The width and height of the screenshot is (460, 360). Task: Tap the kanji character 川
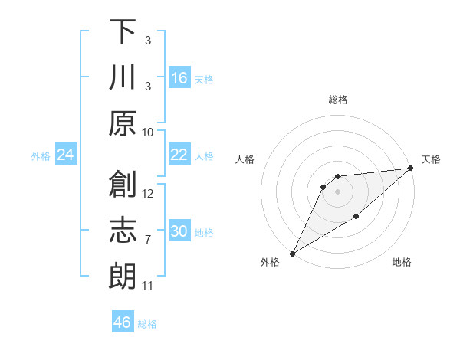tap(123, 78)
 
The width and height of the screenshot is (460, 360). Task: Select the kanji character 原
tap(123, 123)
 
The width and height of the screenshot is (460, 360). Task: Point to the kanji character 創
tap(123, 184)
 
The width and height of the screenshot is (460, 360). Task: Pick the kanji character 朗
tap(123, 276)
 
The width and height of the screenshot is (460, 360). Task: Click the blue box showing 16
tap(179, 78)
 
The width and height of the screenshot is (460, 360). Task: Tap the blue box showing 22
tap(179, 155)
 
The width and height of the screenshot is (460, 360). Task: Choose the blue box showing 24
tap(65, 155)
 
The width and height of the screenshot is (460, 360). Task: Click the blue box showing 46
tap(122, 322)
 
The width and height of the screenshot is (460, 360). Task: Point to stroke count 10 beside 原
tap(148, 132)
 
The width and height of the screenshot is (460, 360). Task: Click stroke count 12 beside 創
tap(148, 193)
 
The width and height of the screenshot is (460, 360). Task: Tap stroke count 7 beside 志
tap(148, 240)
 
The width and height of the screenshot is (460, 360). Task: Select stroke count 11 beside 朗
tap(148, 286)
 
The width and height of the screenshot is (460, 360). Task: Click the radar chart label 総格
tap(337, 100)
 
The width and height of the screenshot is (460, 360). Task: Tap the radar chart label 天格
tap(431, 159)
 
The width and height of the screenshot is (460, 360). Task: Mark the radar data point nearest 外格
tap(292, 254)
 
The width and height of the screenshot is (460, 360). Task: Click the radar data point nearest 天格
tap(411, 168)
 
